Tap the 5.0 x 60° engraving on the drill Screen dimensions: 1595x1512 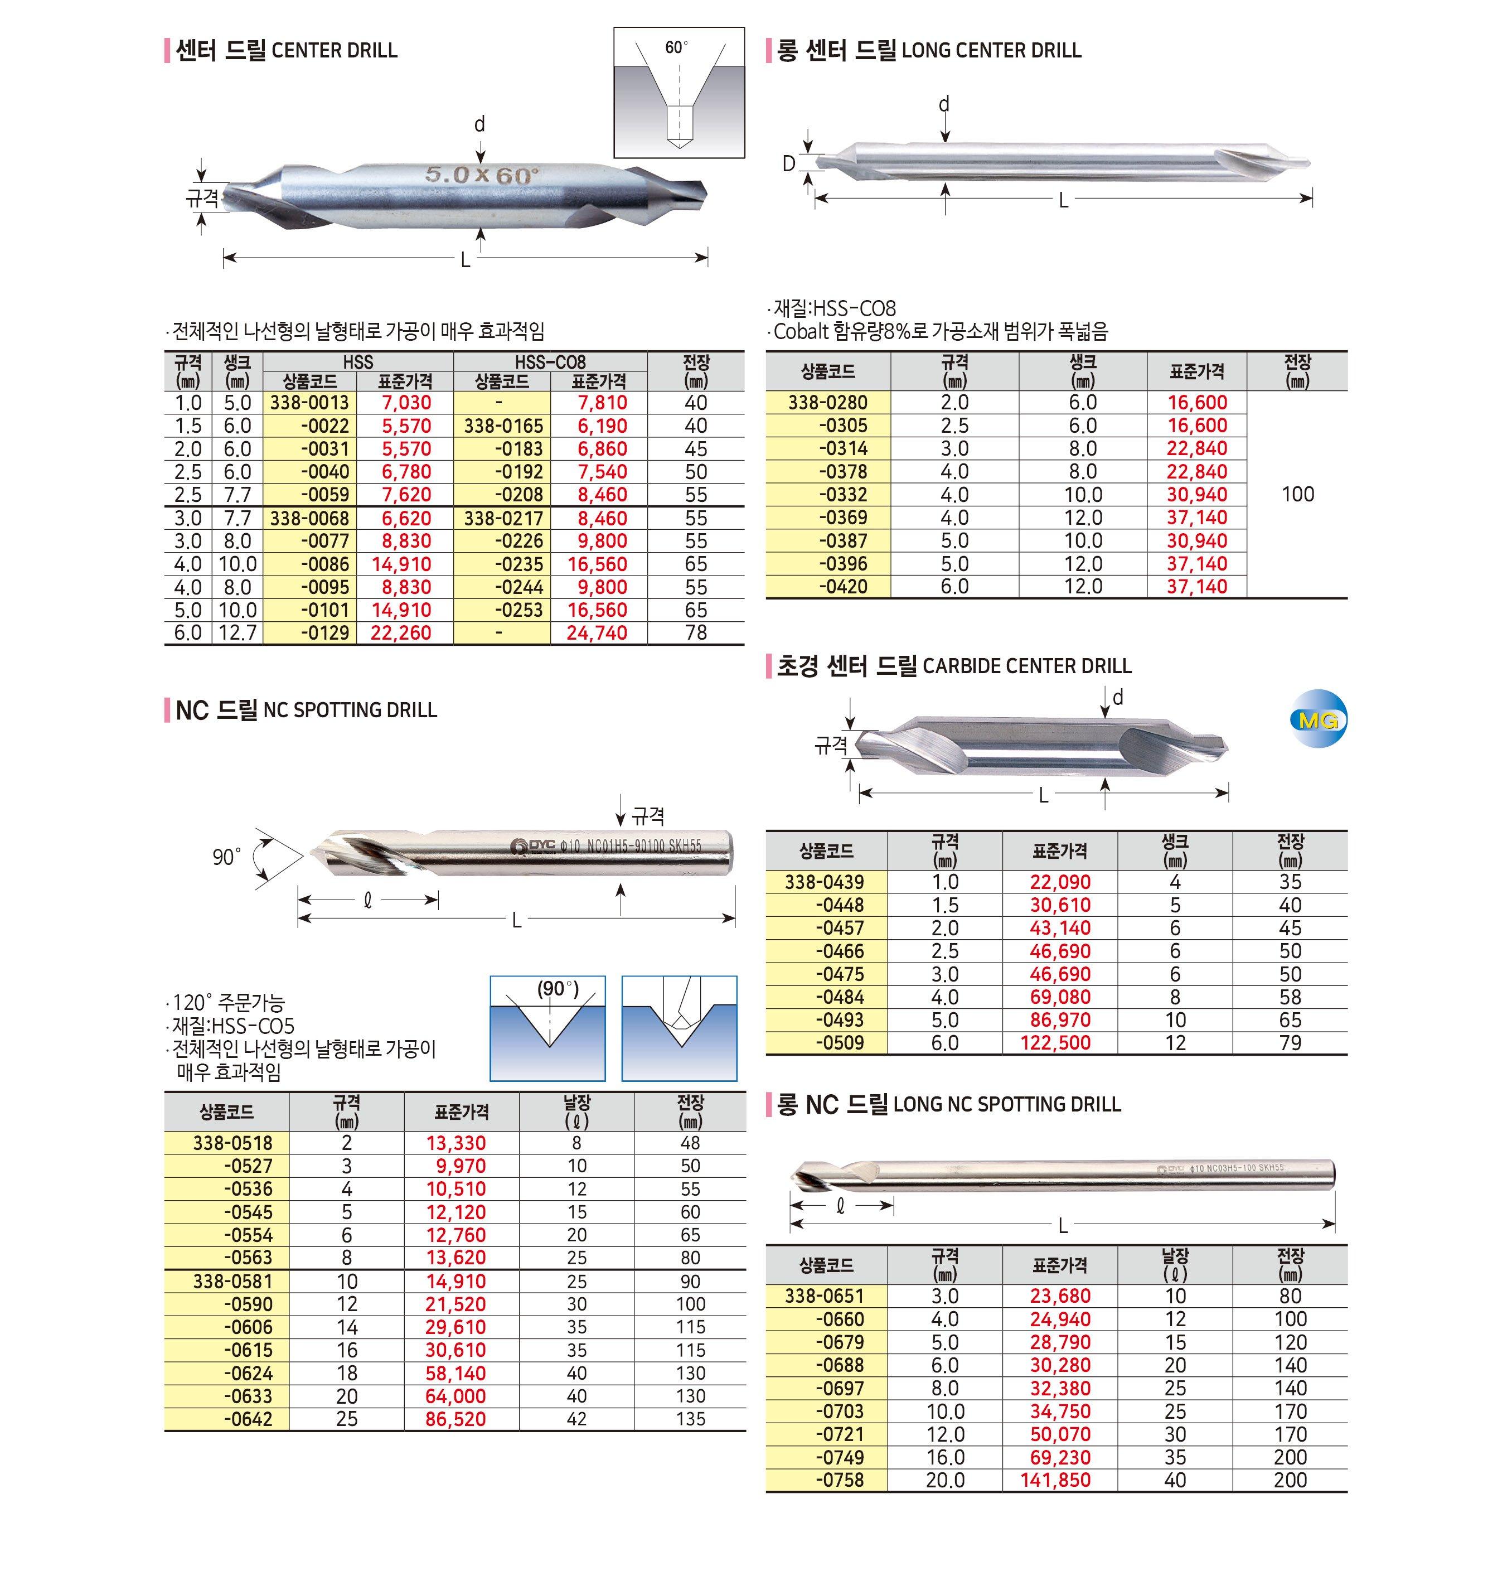481,173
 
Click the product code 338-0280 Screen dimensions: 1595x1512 828,403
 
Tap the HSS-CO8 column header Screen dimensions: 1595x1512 550,362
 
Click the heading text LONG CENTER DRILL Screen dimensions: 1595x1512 991,51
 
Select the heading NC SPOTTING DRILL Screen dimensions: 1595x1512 350,710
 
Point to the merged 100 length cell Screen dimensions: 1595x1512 1297,494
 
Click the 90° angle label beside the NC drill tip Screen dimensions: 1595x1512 226,857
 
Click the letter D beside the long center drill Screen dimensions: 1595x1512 788,164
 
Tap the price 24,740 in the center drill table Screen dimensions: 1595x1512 597,633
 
